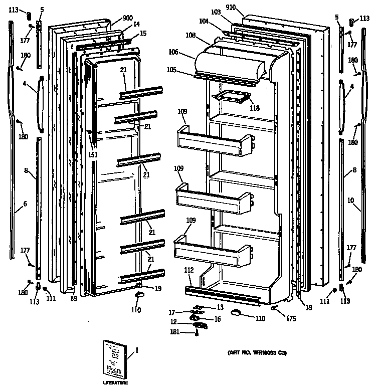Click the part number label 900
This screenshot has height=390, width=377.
coord(127,18)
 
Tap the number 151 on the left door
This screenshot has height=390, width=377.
coord(92,155)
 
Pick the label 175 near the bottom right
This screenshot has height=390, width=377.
coord(291,318)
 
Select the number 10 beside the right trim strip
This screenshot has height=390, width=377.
coord(350,201)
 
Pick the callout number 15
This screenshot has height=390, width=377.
coord(143,34)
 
